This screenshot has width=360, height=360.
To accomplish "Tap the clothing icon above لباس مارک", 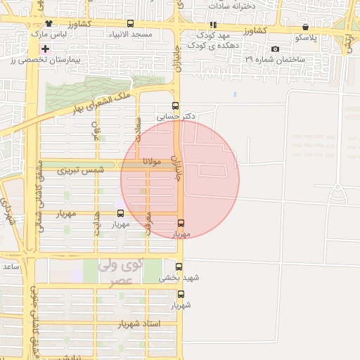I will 48,24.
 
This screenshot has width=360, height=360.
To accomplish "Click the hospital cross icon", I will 46,49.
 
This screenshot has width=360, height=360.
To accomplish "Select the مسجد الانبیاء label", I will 130,34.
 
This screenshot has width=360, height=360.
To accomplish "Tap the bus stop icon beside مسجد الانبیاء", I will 131,24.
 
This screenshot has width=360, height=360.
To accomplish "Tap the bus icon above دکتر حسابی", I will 175,106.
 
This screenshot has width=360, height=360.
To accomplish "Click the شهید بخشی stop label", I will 179,278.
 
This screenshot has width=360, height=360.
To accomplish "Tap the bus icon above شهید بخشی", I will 179,267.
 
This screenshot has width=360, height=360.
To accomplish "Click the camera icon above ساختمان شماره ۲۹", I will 274,49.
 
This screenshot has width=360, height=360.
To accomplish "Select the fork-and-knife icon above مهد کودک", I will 214,25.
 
